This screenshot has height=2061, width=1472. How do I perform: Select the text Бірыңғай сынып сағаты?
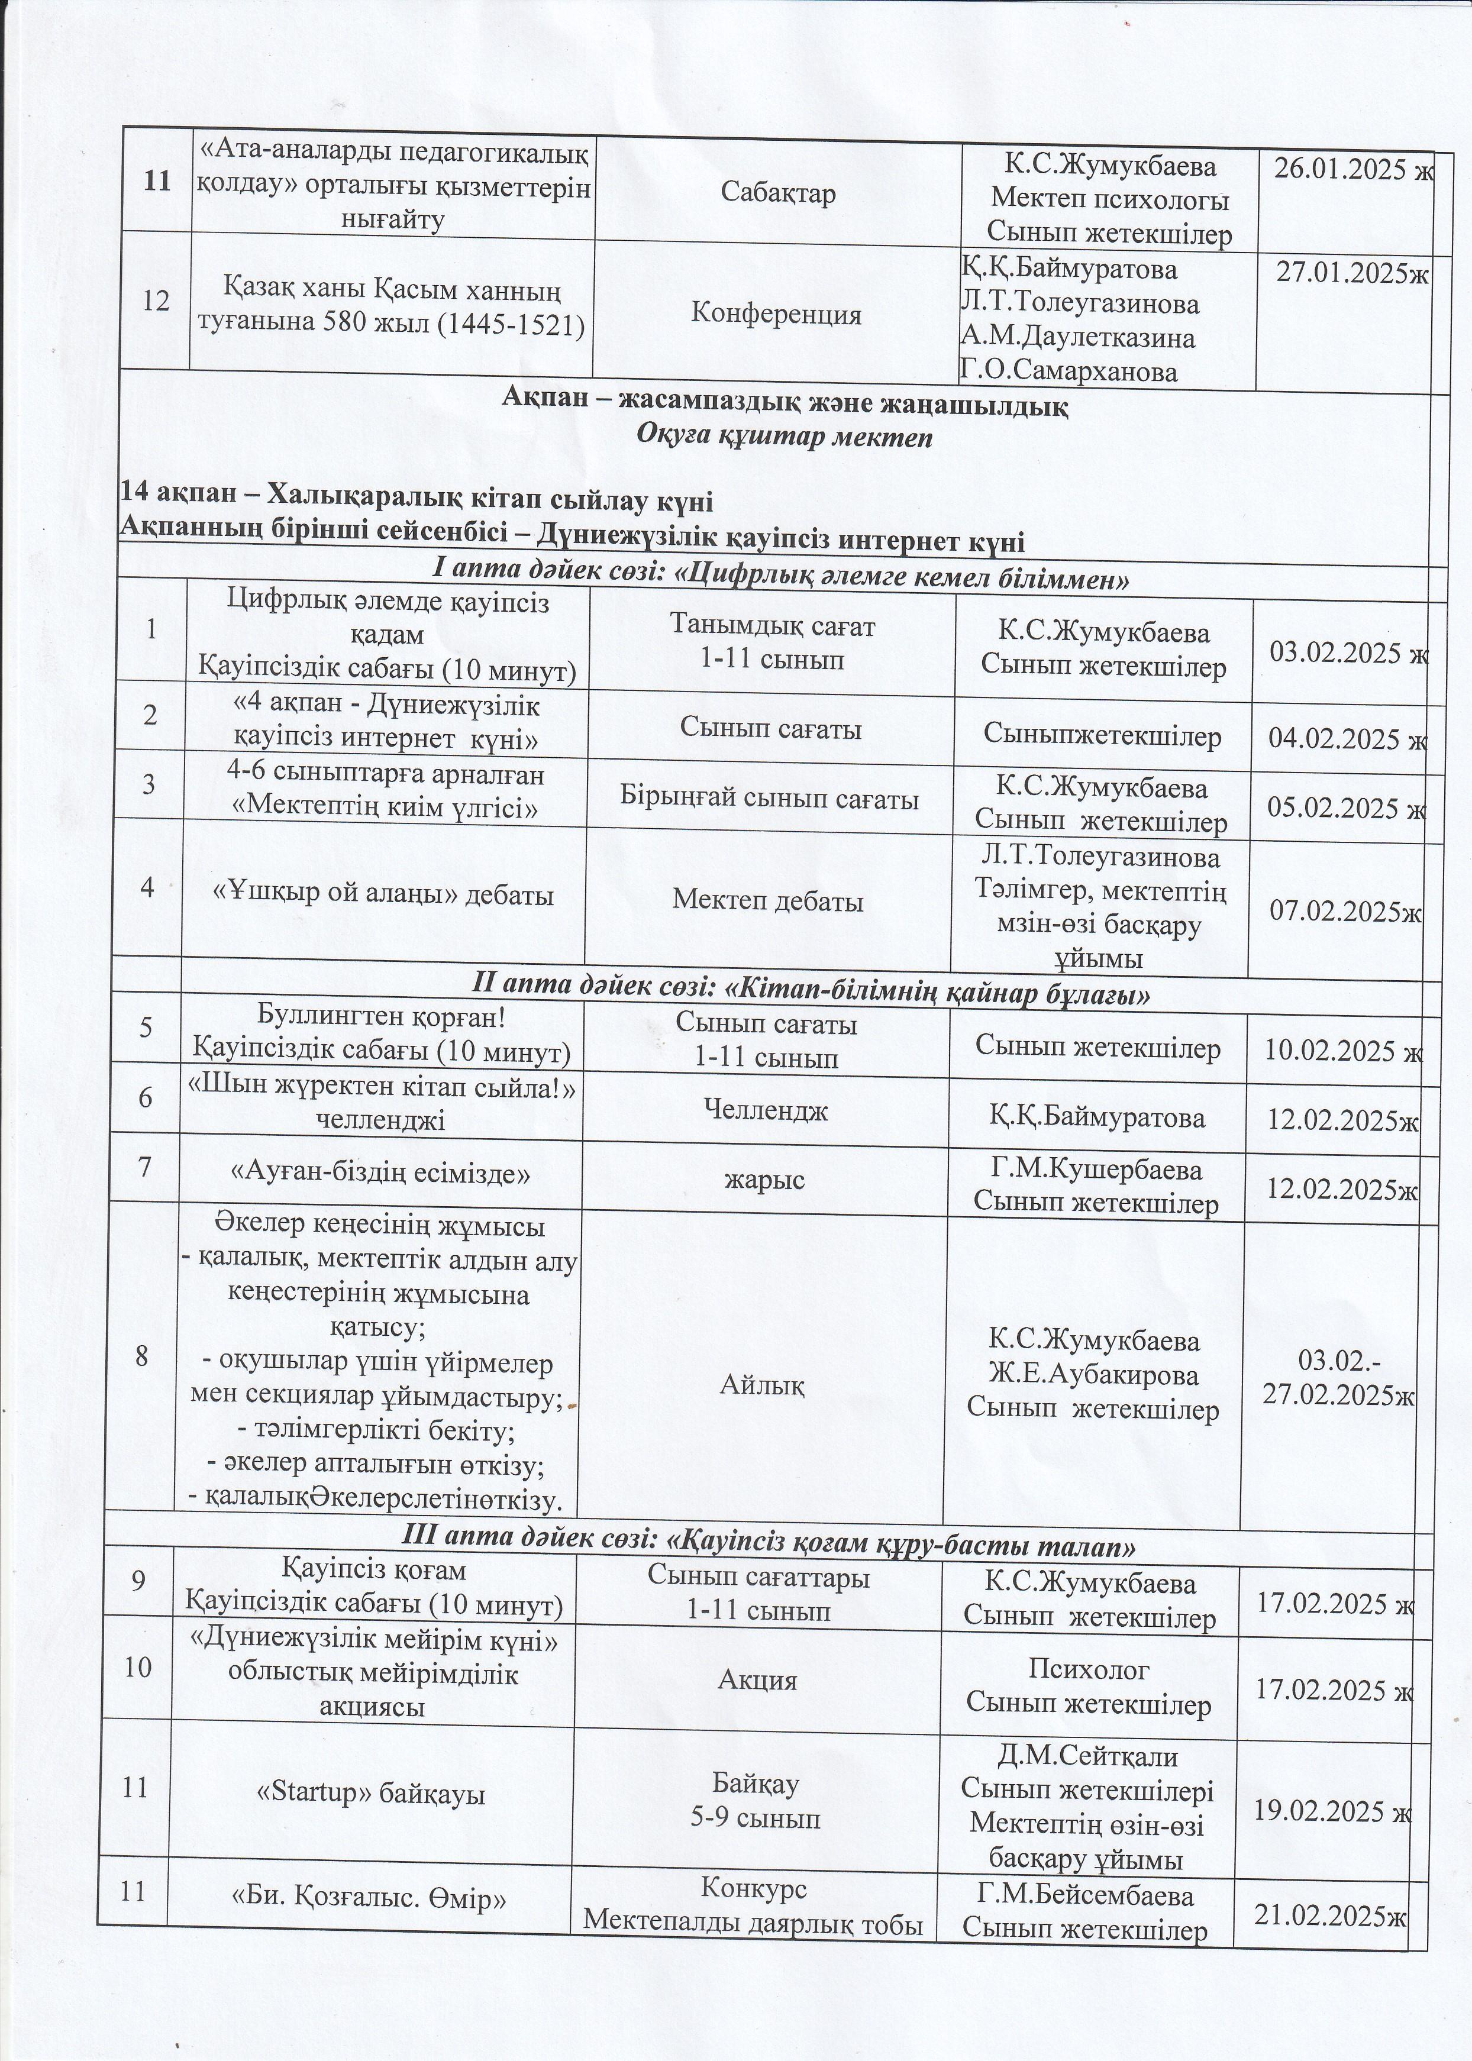point(770,799)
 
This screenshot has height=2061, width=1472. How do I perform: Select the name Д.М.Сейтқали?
point(1087,1756)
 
